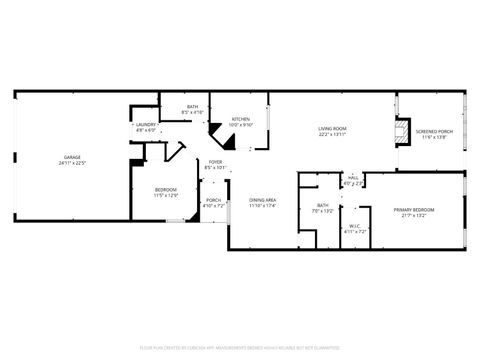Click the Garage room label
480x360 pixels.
point(72,157)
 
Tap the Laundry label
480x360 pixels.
point(147,126)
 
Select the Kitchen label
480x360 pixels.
point(241,119)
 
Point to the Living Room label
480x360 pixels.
point(332,128)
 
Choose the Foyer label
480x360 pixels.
point(215,162)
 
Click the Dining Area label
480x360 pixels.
point(263,200)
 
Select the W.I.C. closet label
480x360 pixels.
point(355,226)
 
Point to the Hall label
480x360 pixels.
point(353,178)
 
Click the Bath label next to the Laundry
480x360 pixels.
point(191,107)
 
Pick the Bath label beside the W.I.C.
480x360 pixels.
point(322,206)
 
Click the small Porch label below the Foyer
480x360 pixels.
point(214,199)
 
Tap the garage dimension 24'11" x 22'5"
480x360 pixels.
point(72,162)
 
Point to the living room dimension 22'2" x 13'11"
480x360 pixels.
point(332,134)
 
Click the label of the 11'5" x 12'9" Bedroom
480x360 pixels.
point(165,189)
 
